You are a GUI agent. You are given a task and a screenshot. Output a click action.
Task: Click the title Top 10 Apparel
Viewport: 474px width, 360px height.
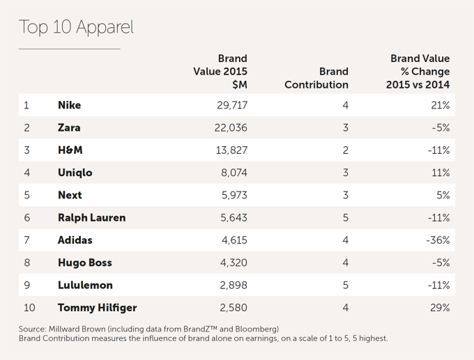coord(75,27)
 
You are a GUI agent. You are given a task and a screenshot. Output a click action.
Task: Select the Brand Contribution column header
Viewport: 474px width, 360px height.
coord(316,78)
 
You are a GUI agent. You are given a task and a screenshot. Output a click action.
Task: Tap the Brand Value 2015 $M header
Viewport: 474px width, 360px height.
coord(220,71)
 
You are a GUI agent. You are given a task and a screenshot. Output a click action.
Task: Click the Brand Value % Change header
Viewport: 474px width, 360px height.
coord(418,71)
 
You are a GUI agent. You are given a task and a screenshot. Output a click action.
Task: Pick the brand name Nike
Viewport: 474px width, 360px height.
coord(69,105)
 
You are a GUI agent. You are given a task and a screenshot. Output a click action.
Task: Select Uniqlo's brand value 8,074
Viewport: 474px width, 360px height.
coord(231,173)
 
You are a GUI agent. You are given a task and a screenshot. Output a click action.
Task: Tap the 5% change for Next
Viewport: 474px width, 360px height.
coord(443,195)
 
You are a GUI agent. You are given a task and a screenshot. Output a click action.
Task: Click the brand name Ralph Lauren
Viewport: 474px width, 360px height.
coord(91,217)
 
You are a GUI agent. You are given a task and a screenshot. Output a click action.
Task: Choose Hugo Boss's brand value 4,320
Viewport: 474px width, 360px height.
coord(231,263)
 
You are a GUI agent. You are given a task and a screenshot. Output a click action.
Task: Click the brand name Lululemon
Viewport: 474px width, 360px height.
coord(85,285)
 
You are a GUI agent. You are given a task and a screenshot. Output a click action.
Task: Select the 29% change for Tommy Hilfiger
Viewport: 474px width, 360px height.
coord(440,307)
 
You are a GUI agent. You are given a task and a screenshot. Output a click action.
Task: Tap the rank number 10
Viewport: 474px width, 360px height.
coord(29,307)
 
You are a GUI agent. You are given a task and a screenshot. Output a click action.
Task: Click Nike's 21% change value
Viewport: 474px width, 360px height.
coord(440,105)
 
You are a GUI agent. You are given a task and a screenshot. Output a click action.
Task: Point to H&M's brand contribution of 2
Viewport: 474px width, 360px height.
coord(345,150)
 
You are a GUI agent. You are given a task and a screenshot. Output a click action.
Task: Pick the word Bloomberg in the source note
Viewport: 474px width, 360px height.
coord(254,329)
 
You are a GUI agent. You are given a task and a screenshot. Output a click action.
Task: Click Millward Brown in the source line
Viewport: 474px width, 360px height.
coord(72,329)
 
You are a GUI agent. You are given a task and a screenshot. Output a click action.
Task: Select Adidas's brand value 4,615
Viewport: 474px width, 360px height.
coord(231,240)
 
